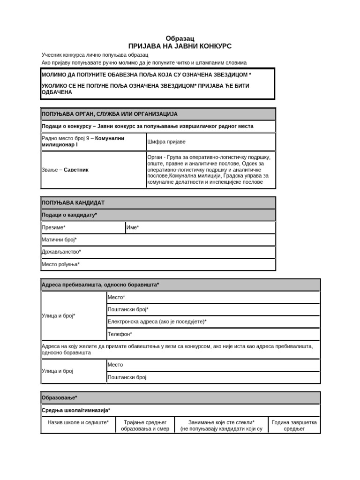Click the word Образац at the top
pyautogui.click(x=180, y=38)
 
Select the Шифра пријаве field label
pyautogui.click(x=166, y=141)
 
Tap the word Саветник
pyautogui.click(x=76, y=170)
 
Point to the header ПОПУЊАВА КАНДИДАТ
pyautogui.click(x=73, y=202)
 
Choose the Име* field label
pyautogui.click(x=133, y=227)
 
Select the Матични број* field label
pyautogui.click(x=59, y=240)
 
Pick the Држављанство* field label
pyautogui.click(x=61, y=252)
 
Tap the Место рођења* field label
pyautogui.click(x=60, y=264)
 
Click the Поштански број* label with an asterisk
pyautogui.click(x=128, y=309)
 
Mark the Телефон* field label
pyautogui.click(x=120, y=334)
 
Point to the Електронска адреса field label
pyautogui.click(x=157, y=322)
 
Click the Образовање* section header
pyautogui.click(x=60, y=397)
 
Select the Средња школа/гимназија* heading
pyautogui.click(x=76, y=410)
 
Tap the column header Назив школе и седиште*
pyautogui.click(x=78, y=422)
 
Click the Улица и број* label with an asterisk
pyautogui.click(x=59, y=315)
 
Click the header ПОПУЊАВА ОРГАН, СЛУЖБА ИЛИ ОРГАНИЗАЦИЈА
pyautogui.click(x=110, y=114)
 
